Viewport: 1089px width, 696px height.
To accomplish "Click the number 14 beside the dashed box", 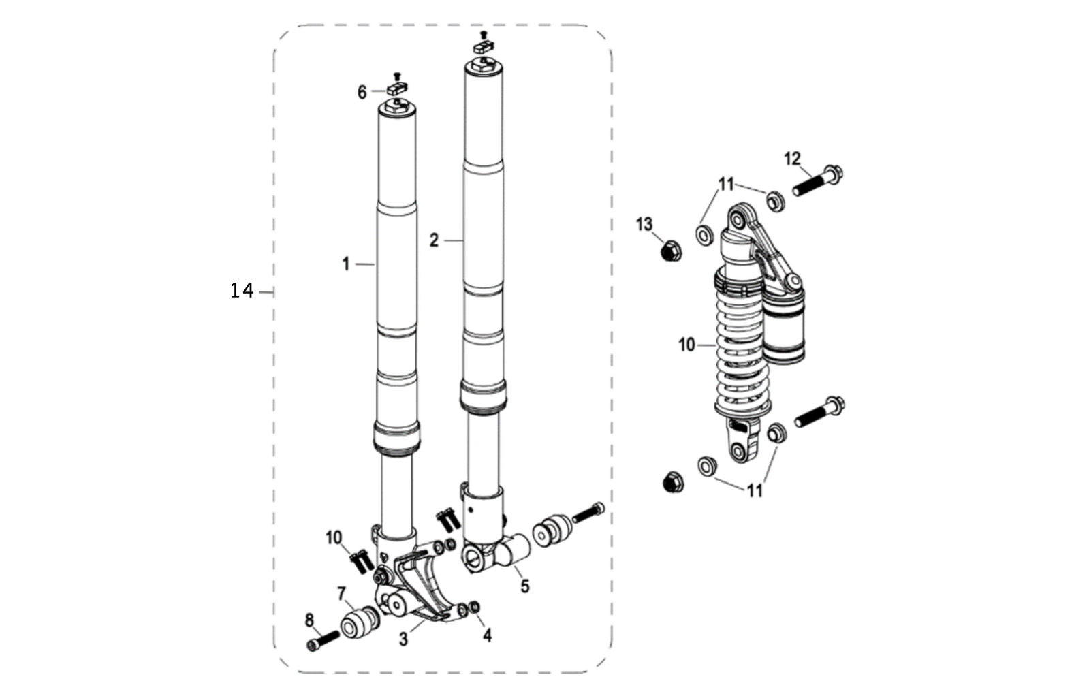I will (242, 291).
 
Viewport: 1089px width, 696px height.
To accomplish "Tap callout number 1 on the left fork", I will (346, 264).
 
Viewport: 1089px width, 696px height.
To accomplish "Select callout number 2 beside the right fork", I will (434, 240).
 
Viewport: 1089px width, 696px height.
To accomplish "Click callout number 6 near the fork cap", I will (362, 92).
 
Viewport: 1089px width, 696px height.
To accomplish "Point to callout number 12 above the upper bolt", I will (792, 159).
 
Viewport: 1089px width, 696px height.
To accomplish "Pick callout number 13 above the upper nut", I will (644, 224).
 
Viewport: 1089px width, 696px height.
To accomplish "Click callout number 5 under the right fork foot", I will (524, 586).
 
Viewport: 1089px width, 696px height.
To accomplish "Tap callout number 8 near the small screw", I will (309, 620).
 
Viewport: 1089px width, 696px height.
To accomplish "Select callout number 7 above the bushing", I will (341, 593).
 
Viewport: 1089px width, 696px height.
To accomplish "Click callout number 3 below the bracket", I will (404, 639).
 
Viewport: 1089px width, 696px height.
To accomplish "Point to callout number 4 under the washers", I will (487, 635).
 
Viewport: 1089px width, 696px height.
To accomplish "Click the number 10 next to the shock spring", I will (686, 345).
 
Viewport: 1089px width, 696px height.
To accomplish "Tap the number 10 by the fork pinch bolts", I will (334, 538).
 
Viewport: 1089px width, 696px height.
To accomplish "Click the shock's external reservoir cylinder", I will (784, 327).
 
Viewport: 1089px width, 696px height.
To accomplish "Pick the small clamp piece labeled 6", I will (396, 87).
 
